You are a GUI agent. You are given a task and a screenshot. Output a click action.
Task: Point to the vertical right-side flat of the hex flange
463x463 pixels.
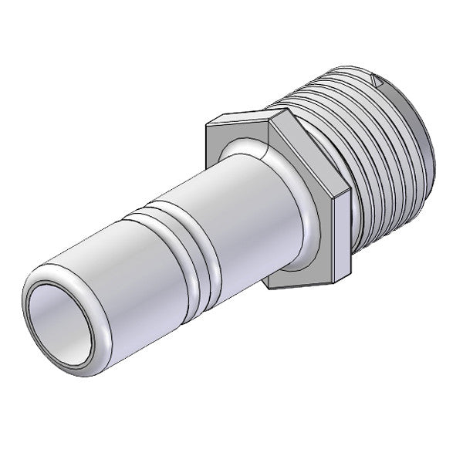point(343,231)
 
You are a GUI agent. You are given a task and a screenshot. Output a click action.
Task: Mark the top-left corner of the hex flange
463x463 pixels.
point(208,123)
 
